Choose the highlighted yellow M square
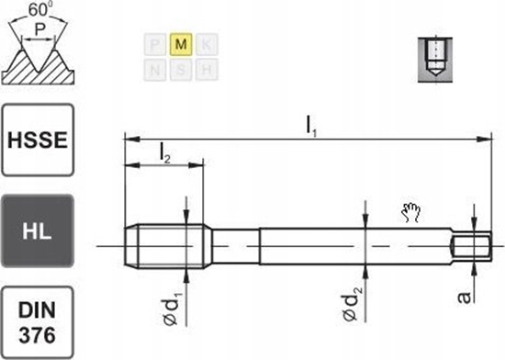(x=181, y=44)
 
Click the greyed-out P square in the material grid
(x=156, y=44)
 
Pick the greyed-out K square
(x=206, y=44)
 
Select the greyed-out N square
(x=156, y=69)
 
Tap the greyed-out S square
(x=181, y=69)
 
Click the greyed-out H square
(x=206, y=69)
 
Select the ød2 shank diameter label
(x=353, y=302)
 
